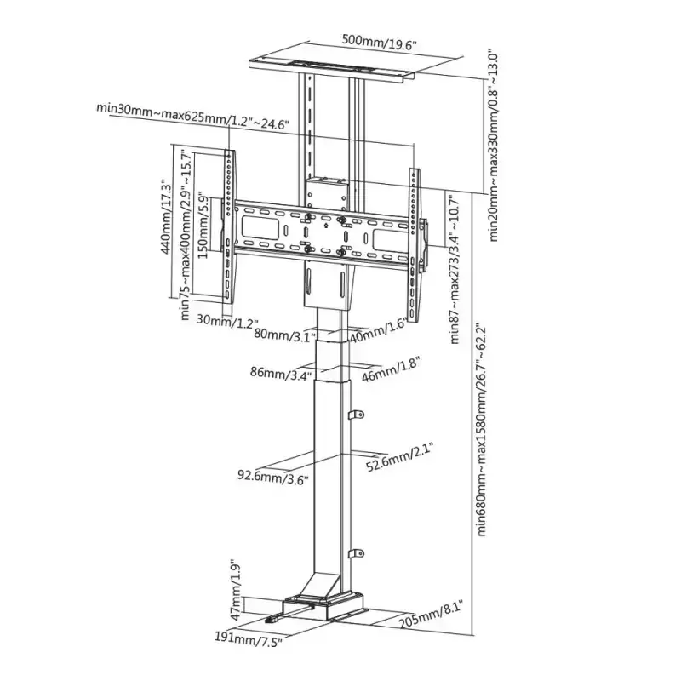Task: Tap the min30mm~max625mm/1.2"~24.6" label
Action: click(193, 116)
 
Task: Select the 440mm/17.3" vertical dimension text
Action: click(166, 217)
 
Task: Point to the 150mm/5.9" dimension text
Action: click(203, 225)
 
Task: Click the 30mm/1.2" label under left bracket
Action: click(227, 321)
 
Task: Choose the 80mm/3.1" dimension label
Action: click(285, 335)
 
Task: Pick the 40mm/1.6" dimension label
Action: click(378, 329)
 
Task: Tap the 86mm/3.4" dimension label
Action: click(281, 373)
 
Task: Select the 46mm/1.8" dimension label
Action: click(391, 369)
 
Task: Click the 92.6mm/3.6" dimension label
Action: click(272, 477)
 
